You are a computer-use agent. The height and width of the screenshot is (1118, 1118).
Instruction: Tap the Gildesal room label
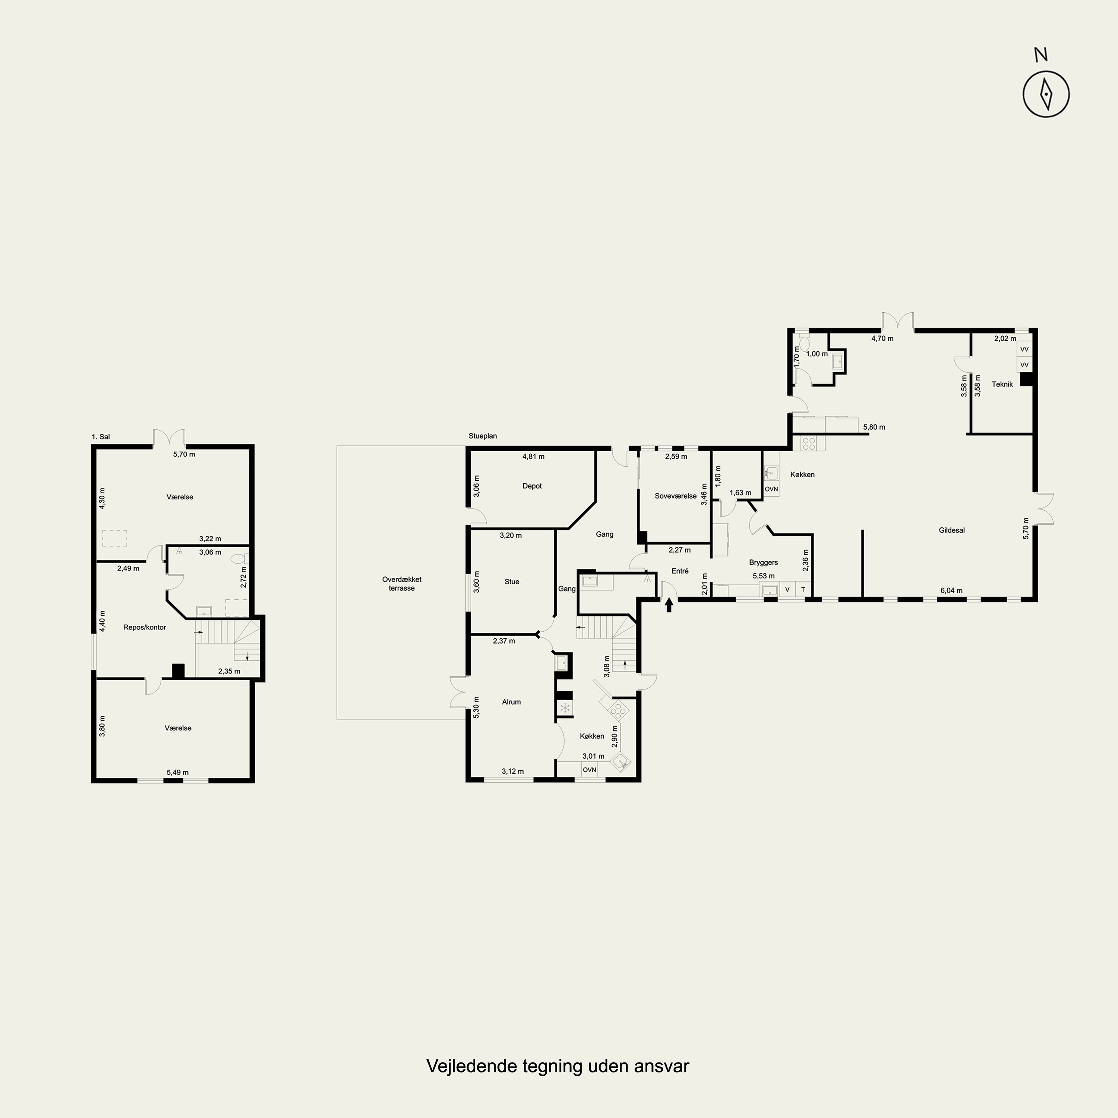point(951,530)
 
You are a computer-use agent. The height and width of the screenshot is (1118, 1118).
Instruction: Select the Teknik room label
point(1002,384)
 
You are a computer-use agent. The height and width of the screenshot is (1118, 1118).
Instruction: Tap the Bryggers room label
point(763,562)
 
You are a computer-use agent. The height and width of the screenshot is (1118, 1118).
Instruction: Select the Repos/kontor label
point(145,627)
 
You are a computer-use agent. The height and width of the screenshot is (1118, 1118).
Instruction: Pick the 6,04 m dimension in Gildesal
point(951,591)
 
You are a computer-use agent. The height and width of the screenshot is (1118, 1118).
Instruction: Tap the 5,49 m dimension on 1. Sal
point(178,773)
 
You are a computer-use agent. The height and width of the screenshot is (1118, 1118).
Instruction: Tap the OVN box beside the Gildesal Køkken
point(771,489)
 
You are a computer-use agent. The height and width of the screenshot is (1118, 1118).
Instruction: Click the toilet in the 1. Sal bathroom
point(239,559)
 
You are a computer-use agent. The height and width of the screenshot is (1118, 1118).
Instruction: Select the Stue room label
point(512,582)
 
